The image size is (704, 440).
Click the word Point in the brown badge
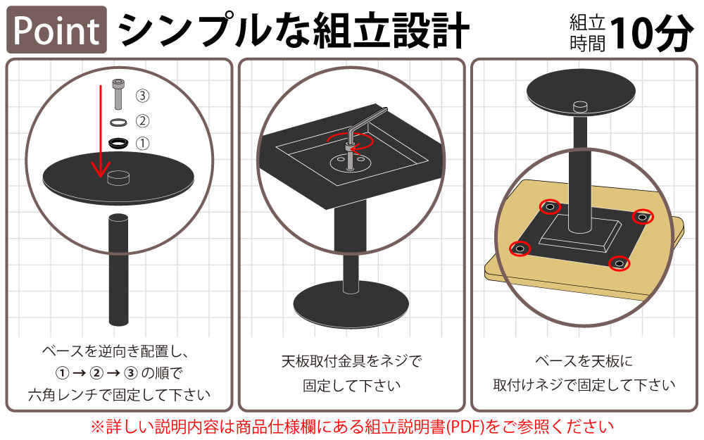56,30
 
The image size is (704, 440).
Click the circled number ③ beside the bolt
142,95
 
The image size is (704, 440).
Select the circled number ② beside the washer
142,120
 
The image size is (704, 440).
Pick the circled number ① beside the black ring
142,143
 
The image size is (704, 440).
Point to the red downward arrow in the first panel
101,134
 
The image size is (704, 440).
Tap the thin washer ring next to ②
118,122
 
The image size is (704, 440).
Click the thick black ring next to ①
119,143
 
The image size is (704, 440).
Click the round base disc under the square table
351,305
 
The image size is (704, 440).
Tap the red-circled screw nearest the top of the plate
550,207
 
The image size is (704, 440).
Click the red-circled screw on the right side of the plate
641,217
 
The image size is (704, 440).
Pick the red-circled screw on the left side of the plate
520,249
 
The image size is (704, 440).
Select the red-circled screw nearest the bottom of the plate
618,263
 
